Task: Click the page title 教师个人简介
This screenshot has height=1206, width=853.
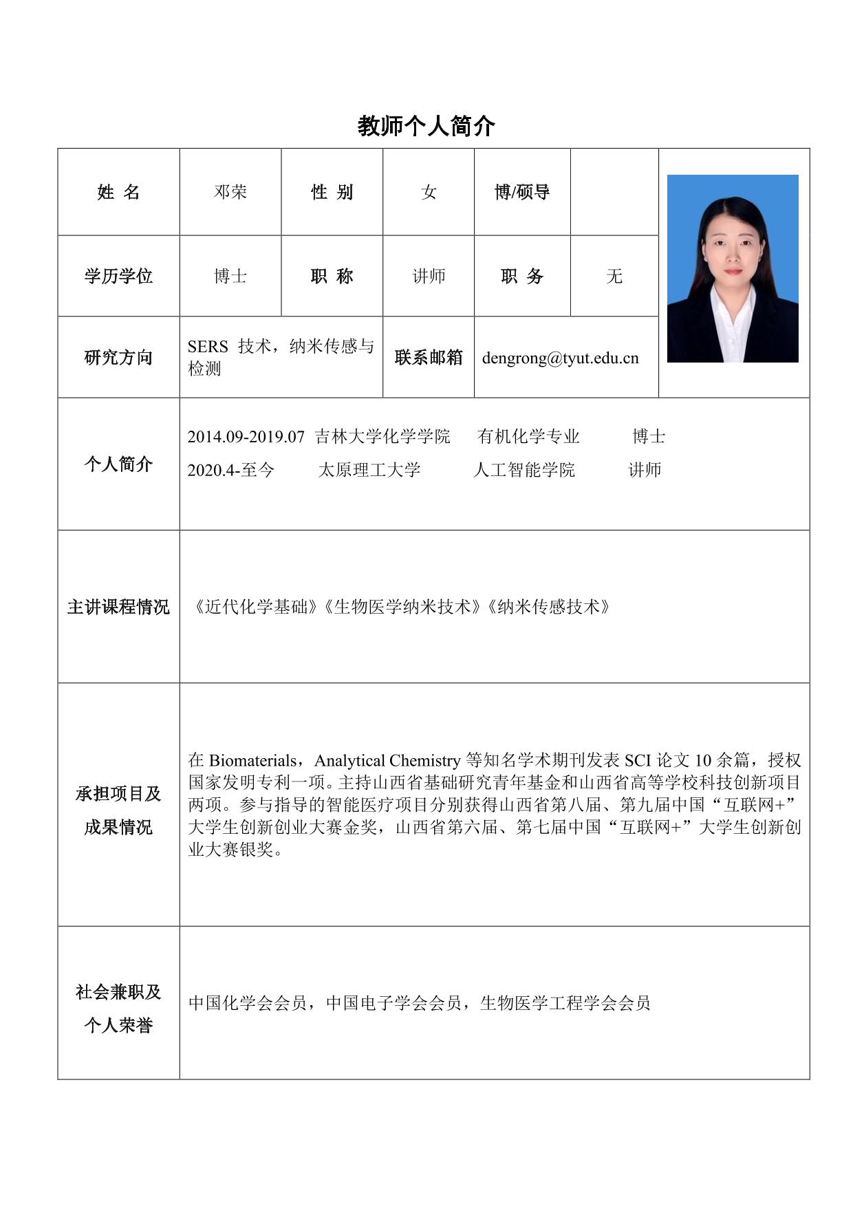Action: pyautogui.click(x=426, y=126)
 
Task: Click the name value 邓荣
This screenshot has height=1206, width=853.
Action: pyautogui.click(x=230, y=192)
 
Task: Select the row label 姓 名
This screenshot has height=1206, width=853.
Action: pyautogui.click(x=118, y=192)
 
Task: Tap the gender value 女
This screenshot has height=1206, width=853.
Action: pyautogui.click(x=429, y=192)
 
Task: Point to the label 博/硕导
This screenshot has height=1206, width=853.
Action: pyautogui.click(x=522, y=192)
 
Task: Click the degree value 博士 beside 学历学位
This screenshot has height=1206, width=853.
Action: pyautogui.click(x=230, y=276)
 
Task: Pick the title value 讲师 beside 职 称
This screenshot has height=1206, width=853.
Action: pyautogui.click(x=429, y=276)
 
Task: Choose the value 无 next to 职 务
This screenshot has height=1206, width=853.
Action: pyautogui.click(x=614, y=276)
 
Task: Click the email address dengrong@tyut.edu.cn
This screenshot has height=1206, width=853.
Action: pyautogui.click(x=560, y=358)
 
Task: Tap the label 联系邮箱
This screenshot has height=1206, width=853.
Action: pyautogui.click(x=429, y=357)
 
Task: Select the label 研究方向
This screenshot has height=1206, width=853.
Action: pyautogui.click(x=118, y=357)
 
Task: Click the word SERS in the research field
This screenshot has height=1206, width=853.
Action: pyautogui.click(x=207, y=346)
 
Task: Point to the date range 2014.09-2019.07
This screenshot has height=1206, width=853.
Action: pyautogui.click(x=246, y=436)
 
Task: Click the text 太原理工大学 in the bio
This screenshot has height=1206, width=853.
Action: pyautogui.click(x=369, y=470)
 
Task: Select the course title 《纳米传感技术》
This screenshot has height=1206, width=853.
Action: pyautogui.click(x=548, y=607)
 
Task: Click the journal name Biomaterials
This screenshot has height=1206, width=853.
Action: pyautogui.click(x=252, y=760)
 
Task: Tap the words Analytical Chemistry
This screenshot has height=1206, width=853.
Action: pyautogui.click(x=387, y=760)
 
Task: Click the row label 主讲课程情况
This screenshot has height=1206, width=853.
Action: pyautogui.click(x=118, y=607)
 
